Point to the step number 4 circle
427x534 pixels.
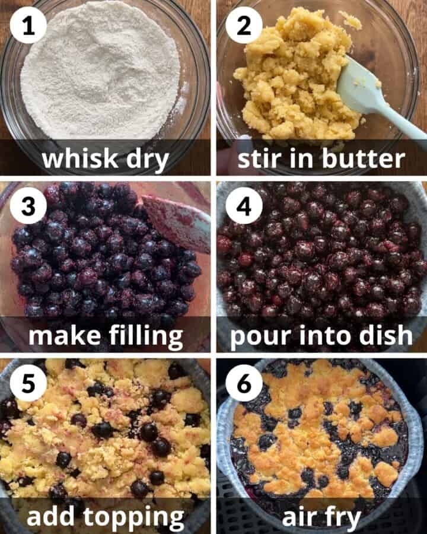243,205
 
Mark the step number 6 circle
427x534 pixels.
243,383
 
